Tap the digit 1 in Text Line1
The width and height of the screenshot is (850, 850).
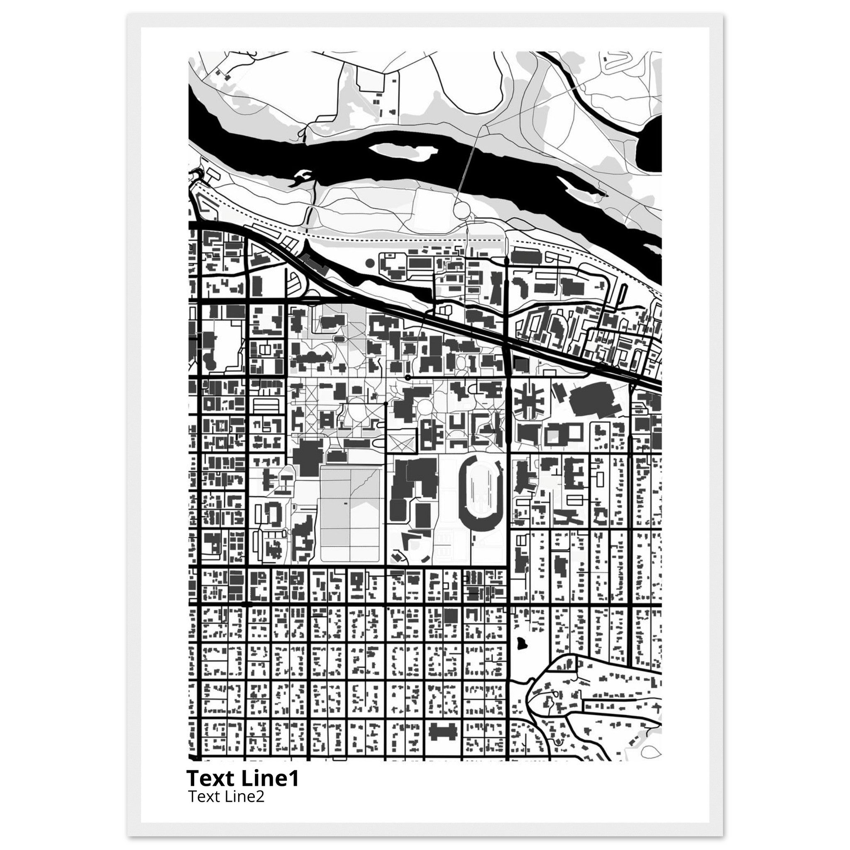pyautogui.click(x=294, y=778)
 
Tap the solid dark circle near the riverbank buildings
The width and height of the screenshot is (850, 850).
pyautogui.click(x=369, y=263)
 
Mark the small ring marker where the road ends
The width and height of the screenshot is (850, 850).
pyautogui.click(x=408, y=378)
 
